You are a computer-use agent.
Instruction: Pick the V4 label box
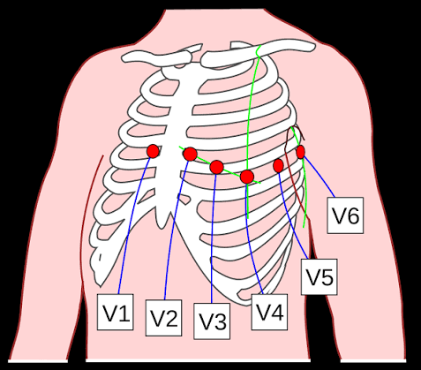point(270,311)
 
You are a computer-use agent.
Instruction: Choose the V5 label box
point(319,277)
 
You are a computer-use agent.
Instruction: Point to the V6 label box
point(345,216)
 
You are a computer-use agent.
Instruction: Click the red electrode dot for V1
point(153,151)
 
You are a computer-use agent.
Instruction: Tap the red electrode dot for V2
point(190,155)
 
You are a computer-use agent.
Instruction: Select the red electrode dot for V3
point(216,167)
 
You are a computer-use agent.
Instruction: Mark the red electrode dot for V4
point(247,177)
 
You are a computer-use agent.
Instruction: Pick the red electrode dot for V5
point(279,165)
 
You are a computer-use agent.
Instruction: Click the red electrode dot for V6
point(301,152)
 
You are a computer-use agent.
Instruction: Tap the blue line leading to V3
point(213,238)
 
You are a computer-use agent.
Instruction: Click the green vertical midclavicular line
point(251,115)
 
